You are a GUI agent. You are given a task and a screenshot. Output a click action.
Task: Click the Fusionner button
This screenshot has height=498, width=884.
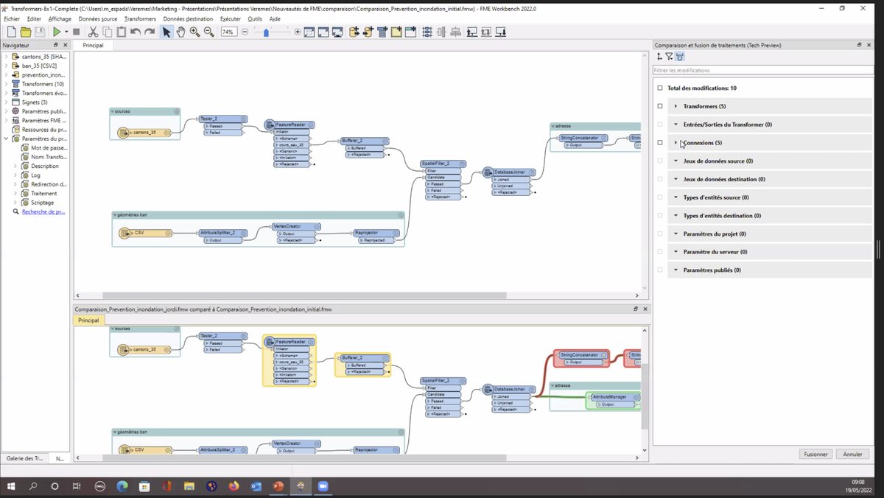(x=816, y=455)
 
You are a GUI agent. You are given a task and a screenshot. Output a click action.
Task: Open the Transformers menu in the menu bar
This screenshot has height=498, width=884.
(x=140, y=18)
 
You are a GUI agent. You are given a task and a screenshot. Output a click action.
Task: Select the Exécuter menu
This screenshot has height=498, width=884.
(x=230, y=18)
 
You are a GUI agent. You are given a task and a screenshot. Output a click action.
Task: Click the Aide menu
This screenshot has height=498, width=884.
(x=275, y=18)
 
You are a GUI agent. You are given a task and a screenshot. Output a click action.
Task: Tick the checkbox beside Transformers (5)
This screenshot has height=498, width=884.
(x=660, y=106)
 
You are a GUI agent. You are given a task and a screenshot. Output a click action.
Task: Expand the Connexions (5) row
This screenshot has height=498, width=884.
(x=676, y=143)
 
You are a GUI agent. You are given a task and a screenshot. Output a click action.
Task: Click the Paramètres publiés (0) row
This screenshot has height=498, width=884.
(x=712, y=270)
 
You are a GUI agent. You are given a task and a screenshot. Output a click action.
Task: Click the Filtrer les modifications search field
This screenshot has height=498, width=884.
(x=762, y=71)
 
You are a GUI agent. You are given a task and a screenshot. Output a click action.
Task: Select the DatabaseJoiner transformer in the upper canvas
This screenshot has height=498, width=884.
(x=509, y=172)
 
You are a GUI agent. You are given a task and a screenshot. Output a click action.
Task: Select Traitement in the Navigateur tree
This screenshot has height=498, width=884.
(x=43, y=193)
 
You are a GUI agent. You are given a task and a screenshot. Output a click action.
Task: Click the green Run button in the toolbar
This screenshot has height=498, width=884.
(x=57, y=32)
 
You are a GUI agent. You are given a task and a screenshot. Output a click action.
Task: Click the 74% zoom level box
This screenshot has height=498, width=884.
(x=228, y=32)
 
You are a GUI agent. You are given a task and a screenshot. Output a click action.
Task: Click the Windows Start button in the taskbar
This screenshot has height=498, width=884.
(x=11, y=486)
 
